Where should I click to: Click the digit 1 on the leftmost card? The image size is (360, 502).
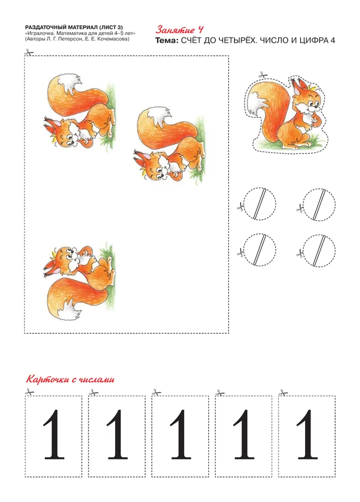(54, 434)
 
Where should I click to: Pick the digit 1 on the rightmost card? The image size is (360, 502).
(307, 434)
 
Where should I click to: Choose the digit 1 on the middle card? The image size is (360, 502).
(181, 434)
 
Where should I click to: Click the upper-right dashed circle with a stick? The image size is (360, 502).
(320, 203)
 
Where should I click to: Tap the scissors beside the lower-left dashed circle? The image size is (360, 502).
(240, 253)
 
